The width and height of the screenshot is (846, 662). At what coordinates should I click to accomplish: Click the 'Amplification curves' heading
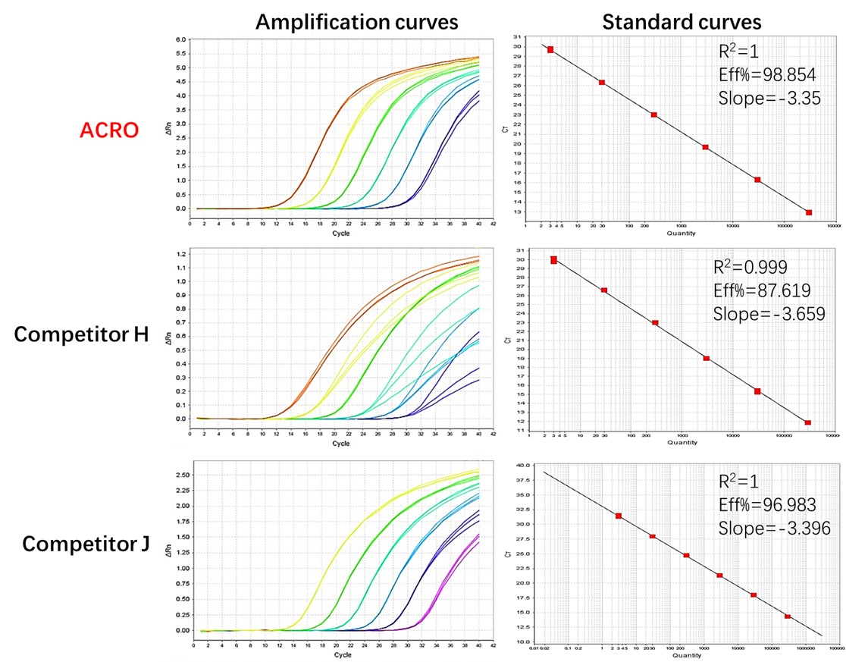pos(356,21)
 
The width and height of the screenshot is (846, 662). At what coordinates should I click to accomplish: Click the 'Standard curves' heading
pos(681,21)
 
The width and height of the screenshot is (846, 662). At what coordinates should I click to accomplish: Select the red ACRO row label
pos(109,130)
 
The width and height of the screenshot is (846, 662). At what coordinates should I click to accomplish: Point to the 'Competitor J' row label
pos(86,544)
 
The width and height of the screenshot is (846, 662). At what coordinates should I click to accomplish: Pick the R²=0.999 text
pos(751,267)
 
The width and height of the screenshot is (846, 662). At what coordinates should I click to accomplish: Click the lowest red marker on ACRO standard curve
pos(809,212)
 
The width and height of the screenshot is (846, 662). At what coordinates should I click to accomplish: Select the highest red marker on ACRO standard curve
pos(550,49)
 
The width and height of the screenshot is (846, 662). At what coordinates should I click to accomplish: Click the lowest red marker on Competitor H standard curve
pos(808,422)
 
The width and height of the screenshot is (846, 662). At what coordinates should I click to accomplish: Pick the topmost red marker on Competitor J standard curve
pos(619,516)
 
